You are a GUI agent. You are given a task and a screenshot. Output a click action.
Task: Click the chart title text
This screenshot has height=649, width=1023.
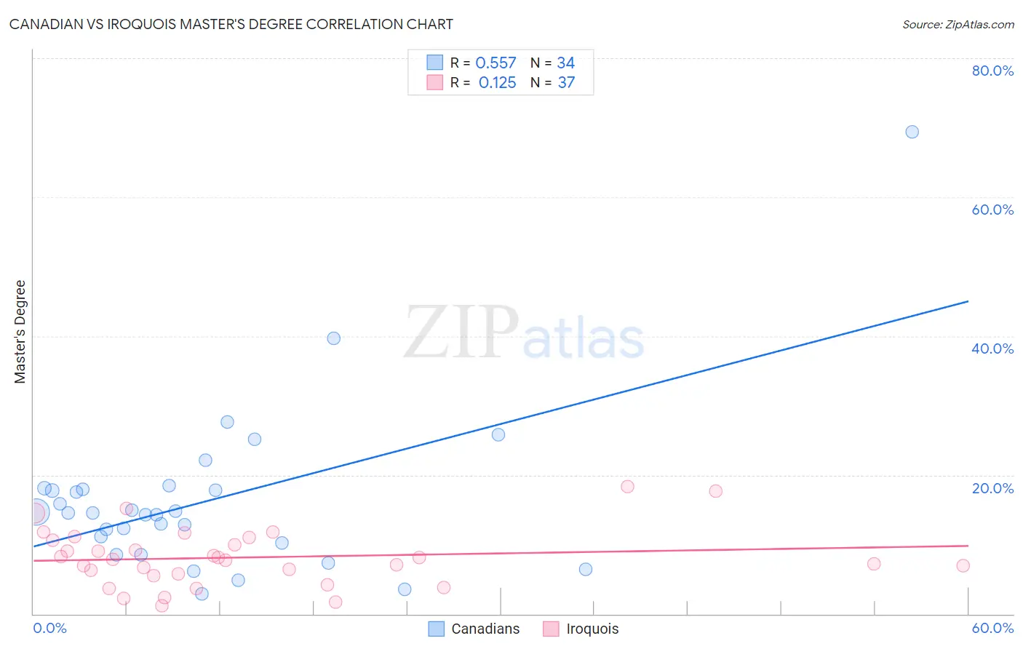tap(231, 25)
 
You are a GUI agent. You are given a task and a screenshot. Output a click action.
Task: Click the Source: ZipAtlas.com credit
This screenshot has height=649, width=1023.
tap(958, 25)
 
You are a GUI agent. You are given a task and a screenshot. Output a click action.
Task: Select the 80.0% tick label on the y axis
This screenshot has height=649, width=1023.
tap(992, 71)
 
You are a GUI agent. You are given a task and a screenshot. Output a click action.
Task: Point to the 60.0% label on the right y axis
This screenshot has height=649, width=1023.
tap(992, 210)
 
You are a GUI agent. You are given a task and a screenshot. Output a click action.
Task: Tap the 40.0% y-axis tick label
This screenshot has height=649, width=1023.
tap(992, 349)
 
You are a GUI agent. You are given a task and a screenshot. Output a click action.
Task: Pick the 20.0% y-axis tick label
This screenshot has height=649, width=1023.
tap(992, 488)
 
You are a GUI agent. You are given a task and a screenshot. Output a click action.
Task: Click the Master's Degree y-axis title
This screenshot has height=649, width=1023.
tap(20, 332)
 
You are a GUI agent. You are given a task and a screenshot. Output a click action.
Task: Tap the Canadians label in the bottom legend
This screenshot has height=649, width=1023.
tap(485, 629)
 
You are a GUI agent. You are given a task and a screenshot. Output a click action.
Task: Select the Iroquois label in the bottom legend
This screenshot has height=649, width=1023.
tap(592, 629)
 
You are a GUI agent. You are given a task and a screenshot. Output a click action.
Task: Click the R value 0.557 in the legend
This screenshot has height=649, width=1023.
tap(495, 63)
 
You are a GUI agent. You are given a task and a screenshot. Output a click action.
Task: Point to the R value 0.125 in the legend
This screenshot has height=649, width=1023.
tap(497, 83)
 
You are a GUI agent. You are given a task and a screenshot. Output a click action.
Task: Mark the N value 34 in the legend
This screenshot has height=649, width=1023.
tap(565, 63)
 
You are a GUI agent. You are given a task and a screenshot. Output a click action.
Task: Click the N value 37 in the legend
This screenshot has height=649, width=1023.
tap(566, 83)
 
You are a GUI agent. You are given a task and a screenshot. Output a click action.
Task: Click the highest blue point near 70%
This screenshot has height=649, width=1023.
tap(912, 132)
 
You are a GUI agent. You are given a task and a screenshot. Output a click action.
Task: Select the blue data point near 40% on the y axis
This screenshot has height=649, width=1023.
tap(333, 338)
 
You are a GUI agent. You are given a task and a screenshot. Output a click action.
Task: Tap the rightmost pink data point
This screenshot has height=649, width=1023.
tap(963, 566)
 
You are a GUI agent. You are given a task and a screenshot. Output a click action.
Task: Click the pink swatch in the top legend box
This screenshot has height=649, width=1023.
tap(434, 82)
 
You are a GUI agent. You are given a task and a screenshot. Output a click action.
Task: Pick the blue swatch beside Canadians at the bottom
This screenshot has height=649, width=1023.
tap(436, 629)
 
